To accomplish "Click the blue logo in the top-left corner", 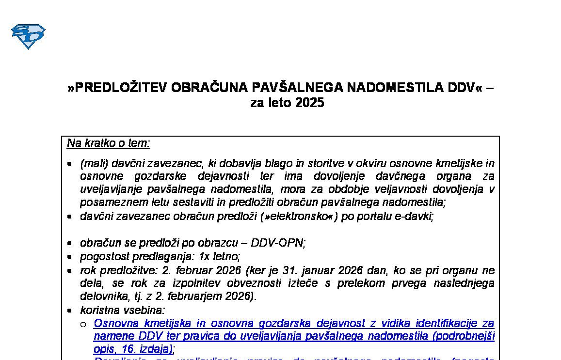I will tap(28, 36).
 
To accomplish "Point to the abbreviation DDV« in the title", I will tap(465, 88).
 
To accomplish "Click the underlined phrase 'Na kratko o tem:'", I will tap(109, 143).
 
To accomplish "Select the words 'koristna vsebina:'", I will tap(122, 310).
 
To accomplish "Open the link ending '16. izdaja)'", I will tap(133, 349).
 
